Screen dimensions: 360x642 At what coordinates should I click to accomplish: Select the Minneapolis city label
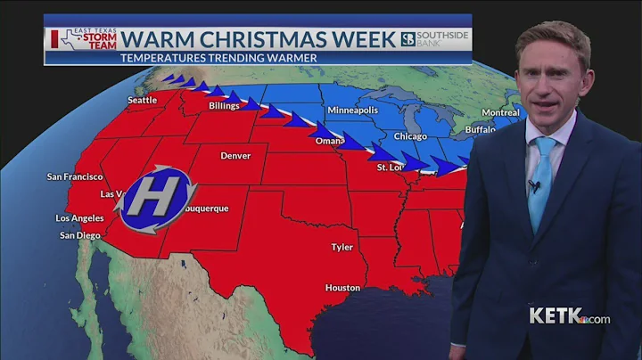[353, 110]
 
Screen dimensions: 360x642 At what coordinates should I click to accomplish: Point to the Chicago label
[410, 137]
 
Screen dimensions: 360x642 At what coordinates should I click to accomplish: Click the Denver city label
[235, 155]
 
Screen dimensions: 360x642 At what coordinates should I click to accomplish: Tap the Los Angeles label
[81, 218]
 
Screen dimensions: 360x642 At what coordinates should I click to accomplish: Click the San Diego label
[79, 235]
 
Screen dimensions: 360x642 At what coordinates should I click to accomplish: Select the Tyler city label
[342, 247]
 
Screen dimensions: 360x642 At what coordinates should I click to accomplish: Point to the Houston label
[342, 288]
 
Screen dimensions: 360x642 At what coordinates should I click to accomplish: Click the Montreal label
[500, 113]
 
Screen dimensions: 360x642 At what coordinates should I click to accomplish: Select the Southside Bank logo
[435, 39]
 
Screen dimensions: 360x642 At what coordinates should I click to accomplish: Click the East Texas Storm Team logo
[82, 39]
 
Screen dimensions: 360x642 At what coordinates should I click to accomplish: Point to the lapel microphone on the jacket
[534, 186]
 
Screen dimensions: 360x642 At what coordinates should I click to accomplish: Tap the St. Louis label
[391, 168]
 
